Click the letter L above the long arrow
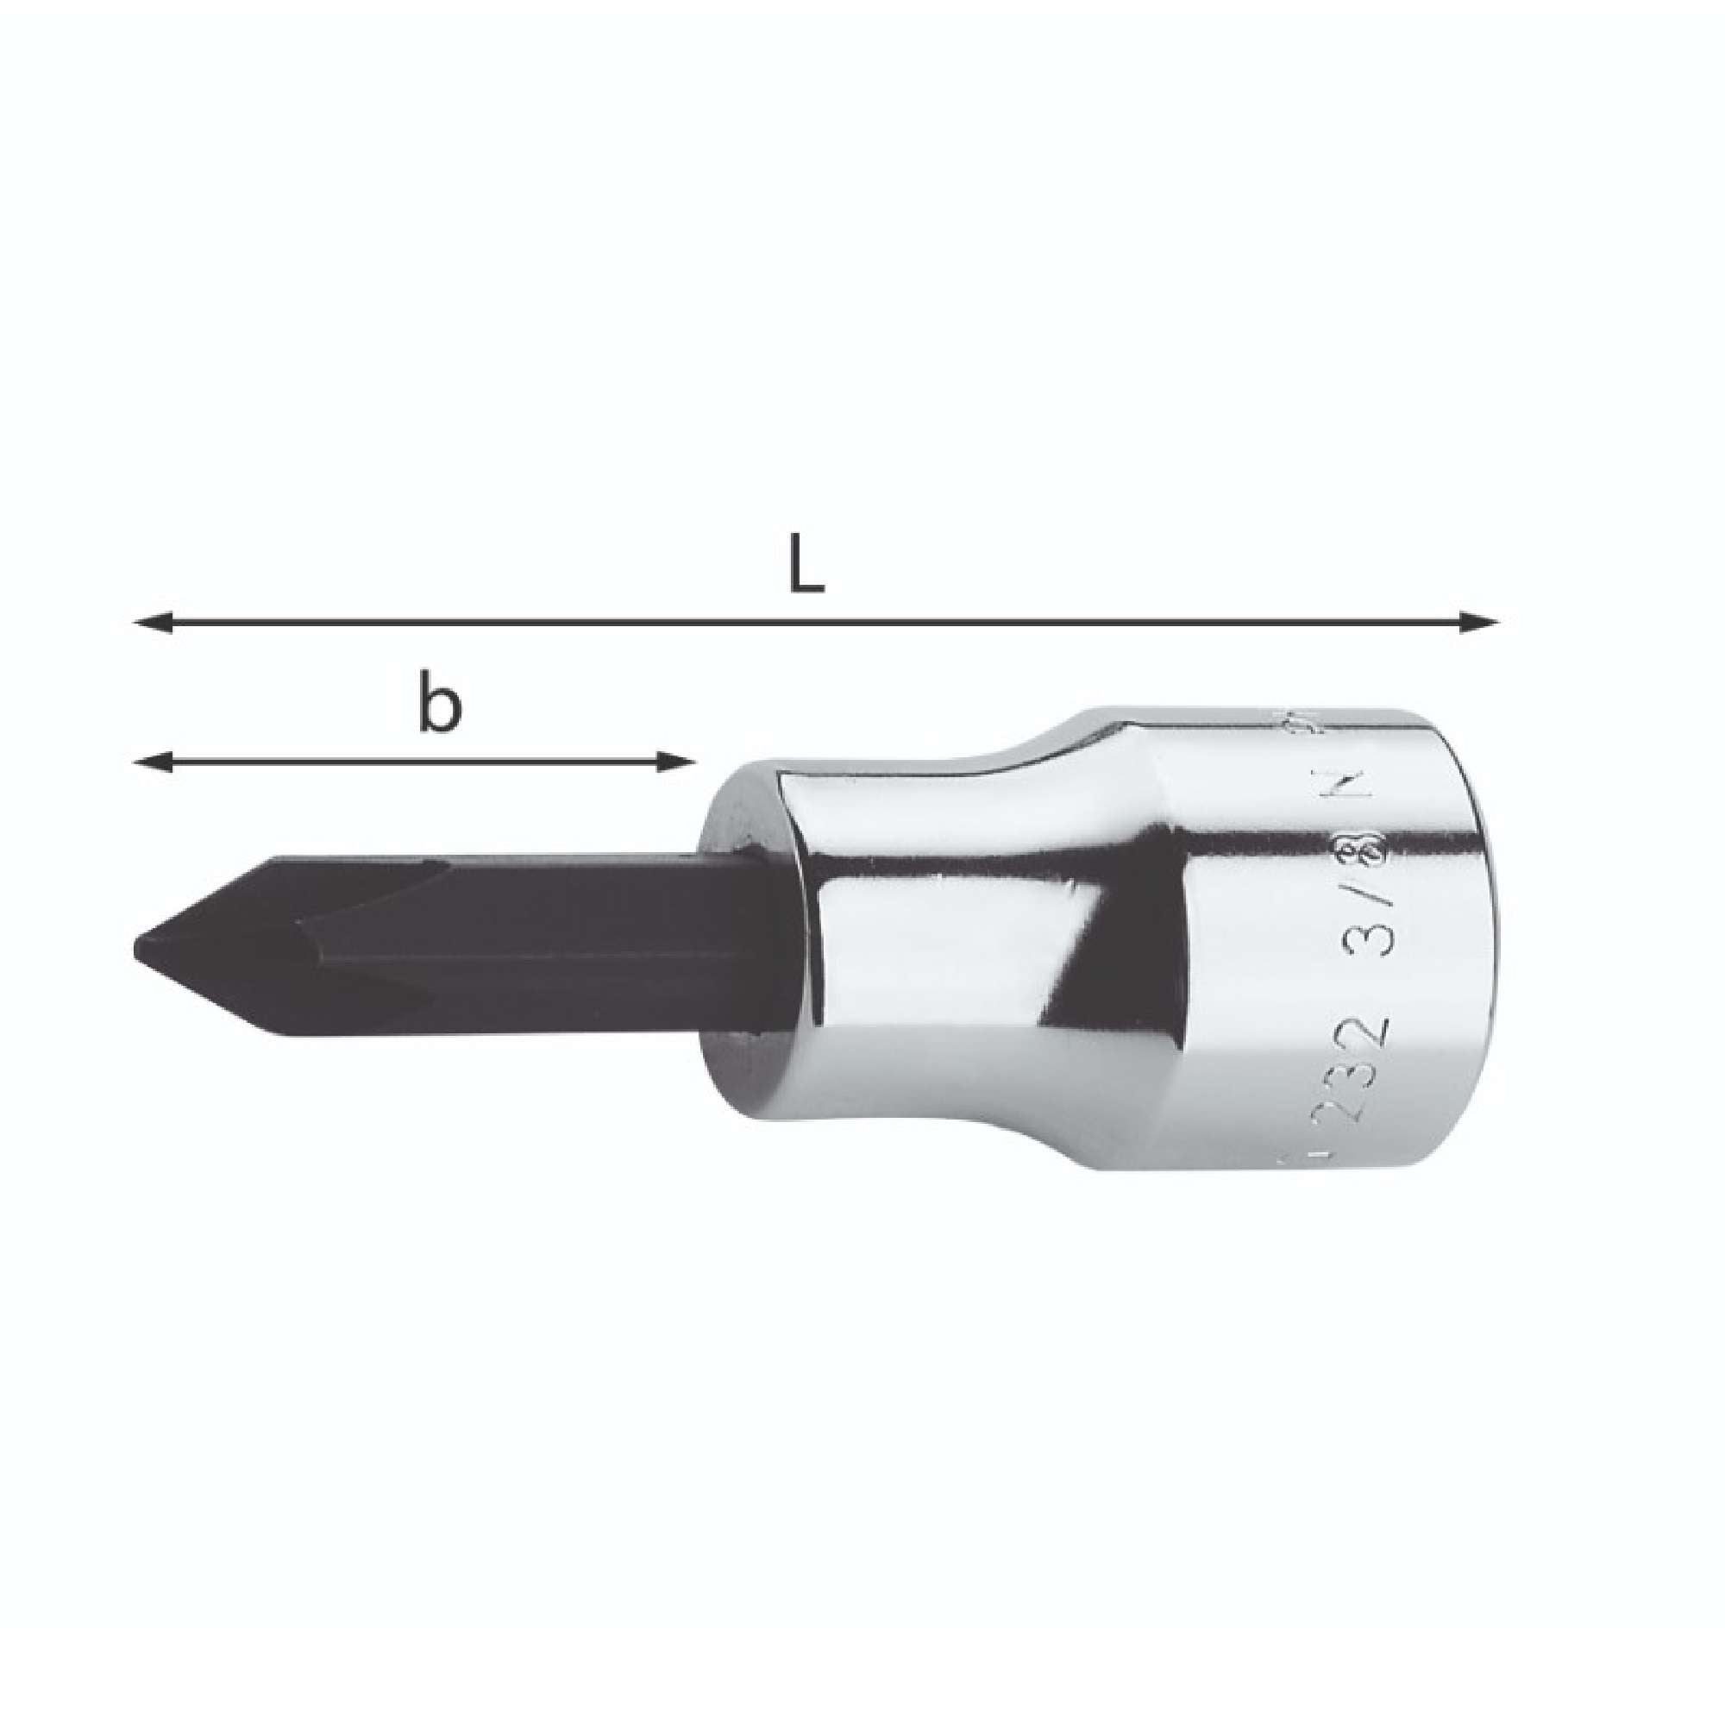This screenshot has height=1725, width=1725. [x=807, y=562]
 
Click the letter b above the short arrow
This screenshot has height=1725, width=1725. [x=440, y=708]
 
